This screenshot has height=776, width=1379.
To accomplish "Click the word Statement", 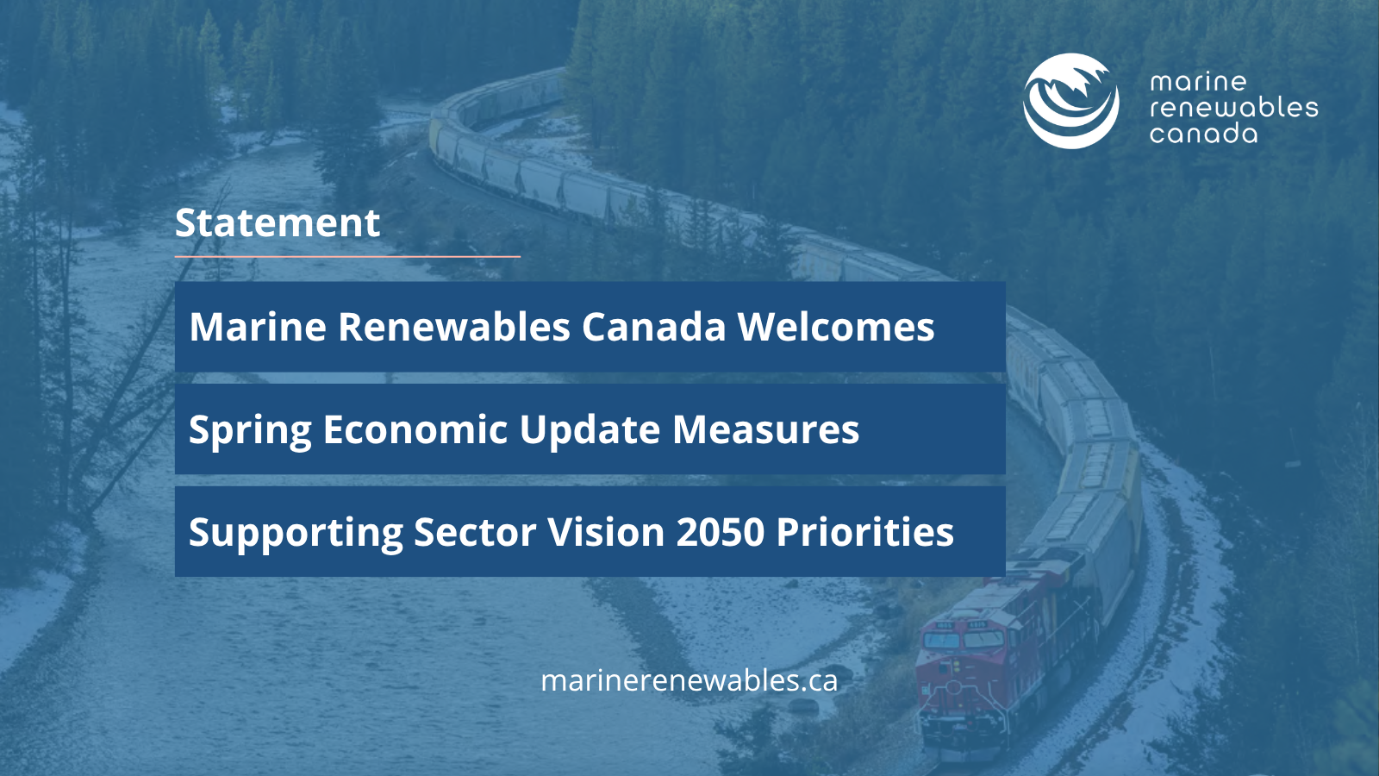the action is pos(278,222).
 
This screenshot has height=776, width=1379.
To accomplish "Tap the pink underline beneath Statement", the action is pos(348,256).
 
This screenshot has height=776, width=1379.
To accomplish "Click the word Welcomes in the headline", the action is pos(836,326).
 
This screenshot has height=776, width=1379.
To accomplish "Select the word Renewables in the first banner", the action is pos(454,326).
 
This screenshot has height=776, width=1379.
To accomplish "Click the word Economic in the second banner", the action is pos(415,429).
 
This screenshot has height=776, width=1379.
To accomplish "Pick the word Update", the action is pos(590,430).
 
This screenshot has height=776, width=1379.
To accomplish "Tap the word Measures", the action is pos(766,429).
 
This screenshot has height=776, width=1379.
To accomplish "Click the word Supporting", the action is pos(296,533).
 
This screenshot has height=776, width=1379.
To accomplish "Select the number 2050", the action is pos(721,531).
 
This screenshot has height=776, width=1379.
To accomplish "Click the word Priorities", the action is pos(865,531).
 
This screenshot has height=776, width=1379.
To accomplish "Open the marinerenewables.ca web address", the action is pos(689,680).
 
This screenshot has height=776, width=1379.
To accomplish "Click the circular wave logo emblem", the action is pos(1071,101).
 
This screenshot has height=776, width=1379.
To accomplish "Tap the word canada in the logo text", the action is pos(1203,134).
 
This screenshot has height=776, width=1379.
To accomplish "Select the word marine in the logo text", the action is pos(1198,82).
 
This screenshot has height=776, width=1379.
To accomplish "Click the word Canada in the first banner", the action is pos(654,326).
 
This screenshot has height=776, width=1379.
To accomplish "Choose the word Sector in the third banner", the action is pos(475,531).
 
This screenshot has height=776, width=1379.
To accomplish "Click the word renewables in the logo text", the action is pos(1233,108).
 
